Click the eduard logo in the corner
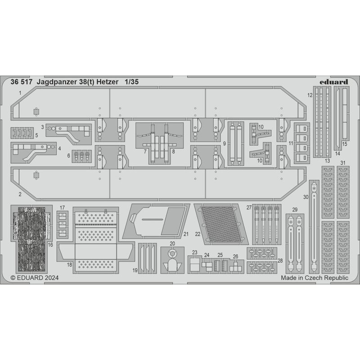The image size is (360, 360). [x=334, y=82]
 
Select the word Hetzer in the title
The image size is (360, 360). [x=108, y=82]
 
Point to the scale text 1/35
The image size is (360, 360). [x=132, y=82]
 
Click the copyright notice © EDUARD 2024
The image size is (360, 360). [x=35, y=278]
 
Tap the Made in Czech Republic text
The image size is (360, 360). [x=315, y=278]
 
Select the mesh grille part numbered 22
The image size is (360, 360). [x=221, y=224]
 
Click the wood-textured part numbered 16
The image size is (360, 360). [x=31, y=239]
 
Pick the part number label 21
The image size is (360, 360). [x=186, y=234]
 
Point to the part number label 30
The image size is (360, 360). [x=306, y=197]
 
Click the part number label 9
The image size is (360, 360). [x=224, y=144]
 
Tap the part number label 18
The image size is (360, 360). [x=69, y=265]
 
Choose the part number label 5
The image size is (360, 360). [x=36, y=135]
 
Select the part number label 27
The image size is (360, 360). [x=249, y=207]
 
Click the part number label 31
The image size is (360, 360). [x=343, y=163]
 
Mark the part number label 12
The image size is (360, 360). [x=310, y=95]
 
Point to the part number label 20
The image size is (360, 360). [x=172, y=243]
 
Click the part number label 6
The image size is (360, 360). [x=68, y=156]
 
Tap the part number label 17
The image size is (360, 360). [x=62, y=208]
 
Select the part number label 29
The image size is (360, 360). [x=295, y=210]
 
